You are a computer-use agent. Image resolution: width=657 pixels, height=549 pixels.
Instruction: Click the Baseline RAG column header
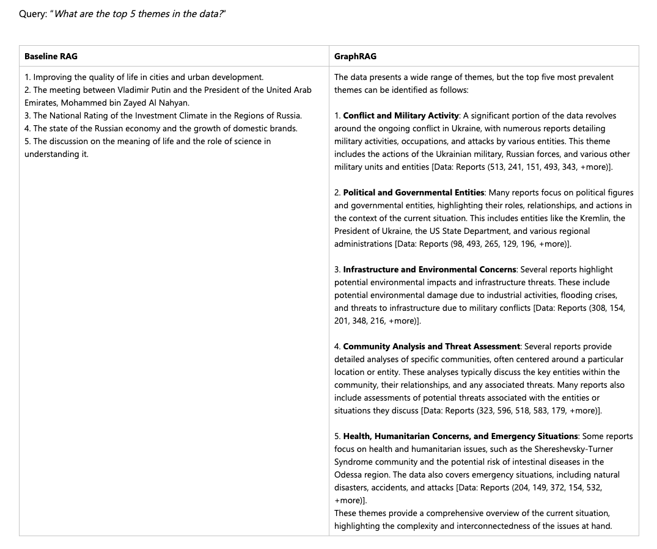[x=51, y=56]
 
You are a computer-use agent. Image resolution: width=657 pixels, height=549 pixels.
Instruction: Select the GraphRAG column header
[x=355, y=56]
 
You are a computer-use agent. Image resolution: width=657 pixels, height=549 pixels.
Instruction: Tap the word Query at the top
[x=32, y=14]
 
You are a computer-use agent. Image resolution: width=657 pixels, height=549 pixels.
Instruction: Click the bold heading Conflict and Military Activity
[x=401, y=115]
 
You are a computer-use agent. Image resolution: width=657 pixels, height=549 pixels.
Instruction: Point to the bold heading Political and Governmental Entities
[x=414, y=192]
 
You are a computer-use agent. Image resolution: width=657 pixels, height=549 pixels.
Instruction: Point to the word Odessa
[x=348, y=474]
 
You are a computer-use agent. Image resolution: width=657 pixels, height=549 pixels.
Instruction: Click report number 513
[x=503, y=167]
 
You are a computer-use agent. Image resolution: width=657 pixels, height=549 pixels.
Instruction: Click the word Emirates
[x=41, y=103]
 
